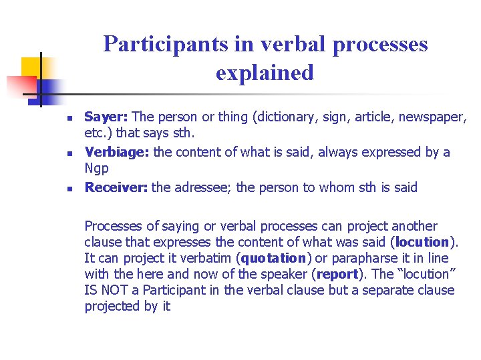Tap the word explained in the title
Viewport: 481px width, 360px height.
point(265,72)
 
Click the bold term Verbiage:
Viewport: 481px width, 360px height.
point(117,153)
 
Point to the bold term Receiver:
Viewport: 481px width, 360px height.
point(116,188)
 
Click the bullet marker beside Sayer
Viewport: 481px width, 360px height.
point(69,119)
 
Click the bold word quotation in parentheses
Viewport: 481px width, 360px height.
point(274,258)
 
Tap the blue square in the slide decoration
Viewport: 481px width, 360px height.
point(49,89)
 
